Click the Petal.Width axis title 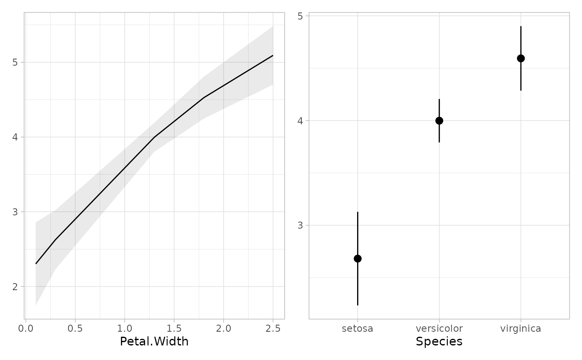pyautogui.click(x=154, y=342)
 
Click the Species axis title pyautogui.click(x=439, y=342)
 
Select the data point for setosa pyautogui.click(x=358, y=259)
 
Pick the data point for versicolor pyautogui.click(x=439, y=121)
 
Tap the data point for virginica pyautogui.click(x=520, y=58)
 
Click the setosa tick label pyautogui.click(x=358, y=329)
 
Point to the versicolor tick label pyautogui.click(x=439, y=329)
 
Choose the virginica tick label pyautogui.click(x=520, y=329)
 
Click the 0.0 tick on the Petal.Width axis pyautogui.click(x=26, y=329)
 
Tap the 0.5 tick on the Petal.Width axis pyautogui.click(x=75, y=329)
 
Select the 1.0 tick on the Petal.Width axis pyautogui.click(x=124, y=329)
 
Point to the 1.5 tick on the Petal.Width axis pyautogui.click(x=174, y=329)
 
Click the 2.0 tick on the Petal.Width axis pyautogui.click(x=223, y=329)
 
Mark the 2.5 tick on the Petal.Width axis pyautogui.click(x=273, y=329)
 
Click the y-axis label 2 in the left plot pyautogui.click(x=16, y=287)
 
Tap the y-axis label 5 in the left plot pyautogui.click(x=16, y=62)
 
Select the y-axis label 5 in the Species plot pyautogui.click(x=301, y=16)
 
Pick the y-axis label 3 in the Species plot pyautogui.click(x=301, y=225)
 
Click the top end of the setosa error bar pyautogui.click(x=358, y=212)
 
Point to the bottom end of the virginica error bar pyautogui.click(x=520, y=90)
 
